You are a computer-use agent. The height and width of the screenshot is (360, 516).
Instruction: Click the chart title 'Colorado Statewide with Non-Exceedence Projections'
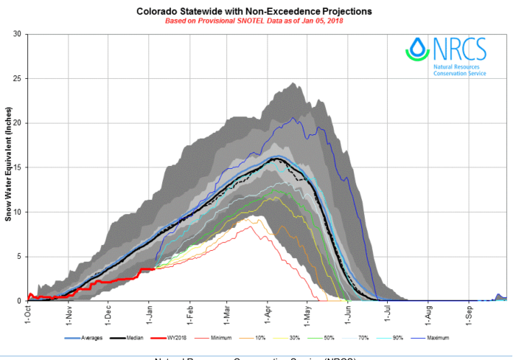[x=254, y=12]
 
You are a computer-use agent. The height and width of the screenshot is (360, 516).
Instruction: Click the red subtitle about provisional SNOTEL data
[x=254, y=21]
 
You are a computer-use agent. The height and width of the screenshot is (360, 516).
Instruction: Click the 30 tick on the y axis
[x=18, y=34]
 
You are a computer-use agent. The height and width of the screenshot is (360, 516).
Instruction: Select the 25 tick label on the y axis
[x=18, y=79]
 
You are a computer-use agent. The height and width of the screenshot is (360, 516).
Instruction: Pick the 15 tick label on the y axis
[x=18, y=167]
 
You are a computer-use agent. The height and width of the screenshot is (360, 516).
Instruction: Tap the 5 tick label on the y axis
[x=20, y=257]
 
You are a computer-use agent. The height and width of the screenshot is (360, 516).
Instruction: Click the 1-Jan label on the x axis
[x=149, y=313]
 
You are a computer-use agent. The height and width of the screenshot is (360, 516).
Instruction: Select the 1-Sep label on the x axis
[x=469, y=313]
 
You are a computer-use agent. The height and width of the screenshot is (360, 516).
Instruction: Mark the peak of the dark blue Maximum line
[x=293, y=117]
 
